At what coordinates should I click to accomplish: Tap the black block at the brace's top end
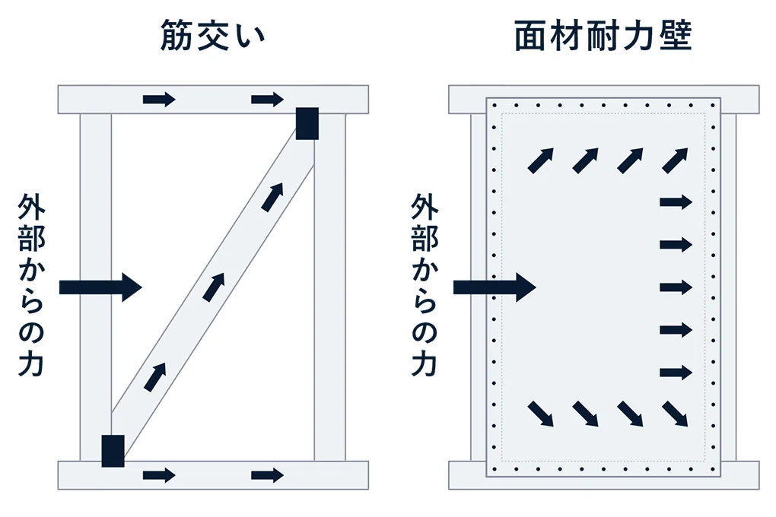point(307,124)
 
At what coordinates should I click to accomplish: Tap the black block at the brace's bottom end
point(113,450)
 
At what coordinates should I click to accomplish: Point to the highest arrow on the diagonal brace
point(272,196)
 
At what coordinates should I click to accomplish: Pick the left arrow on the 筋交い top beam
point(159,99)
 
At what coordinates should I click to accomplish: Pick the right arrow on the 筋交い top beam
point(267,99)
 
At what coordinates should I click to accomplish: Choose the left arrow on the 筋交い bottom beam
point(159,475)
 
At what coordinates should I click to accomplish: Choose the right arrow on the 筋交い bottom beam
point(267,475)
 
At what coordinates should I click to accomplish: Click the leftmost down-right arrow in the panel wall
point(540,414)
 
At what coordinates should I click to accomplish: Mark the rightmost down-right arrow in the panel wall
point(676,414)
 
